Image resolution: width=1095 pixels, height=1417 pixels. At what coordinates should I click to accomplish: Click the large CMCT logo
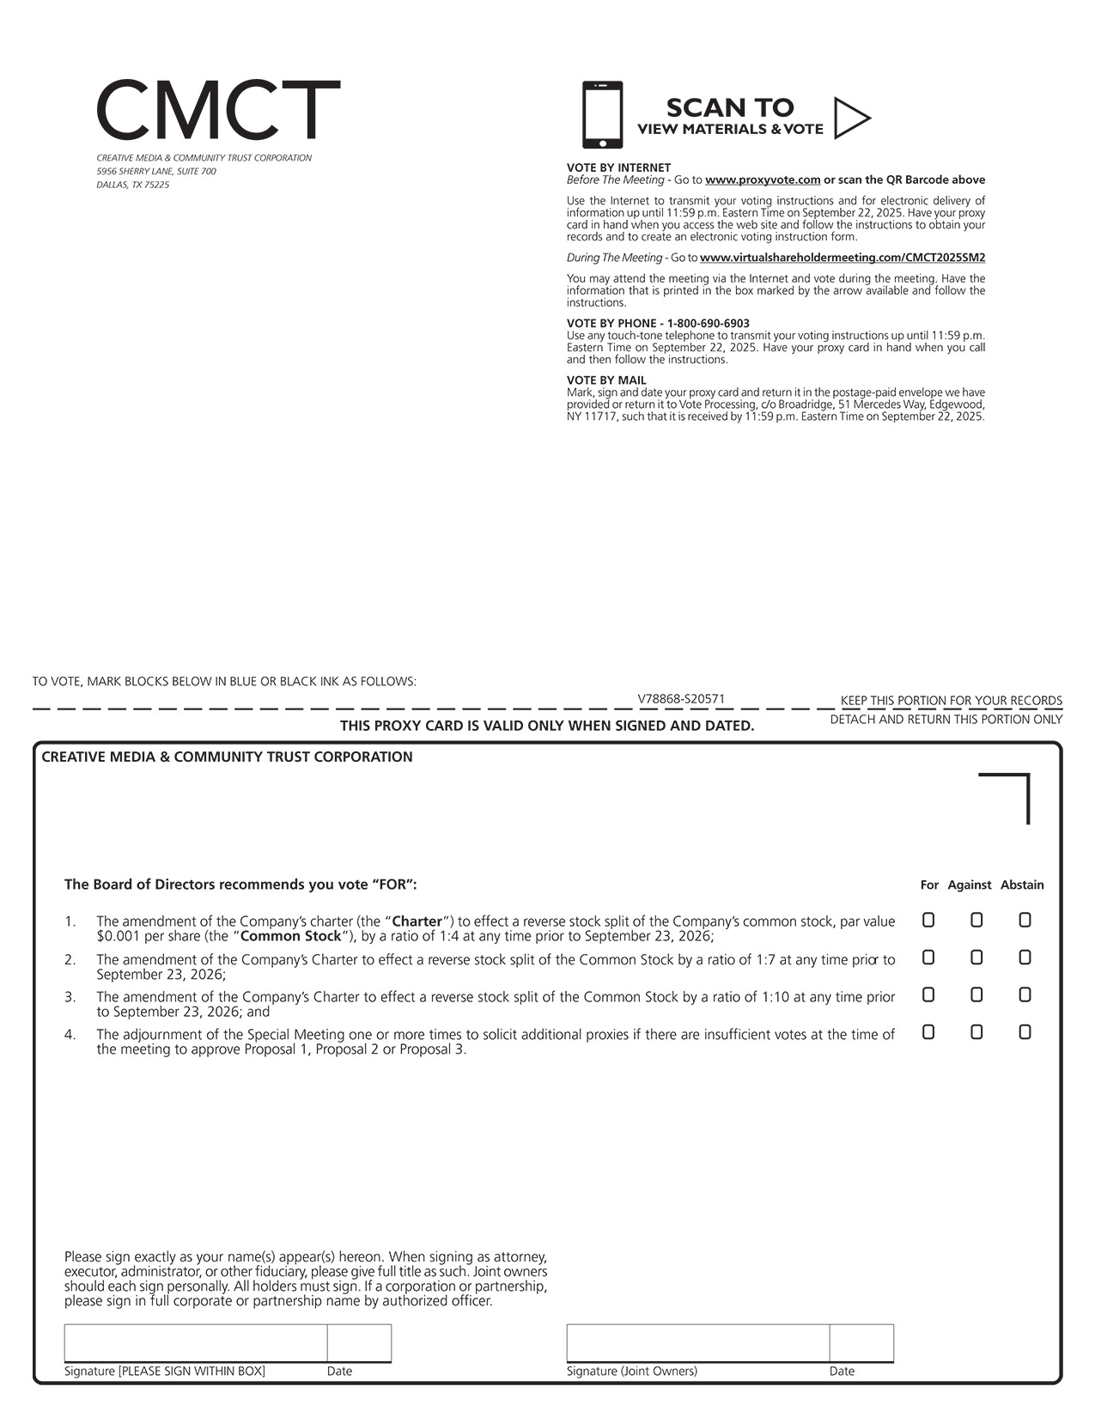coord(218,110)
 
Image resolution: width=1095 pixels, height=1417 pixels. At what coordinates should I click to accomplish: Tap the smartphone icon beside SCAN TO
coord(602,115)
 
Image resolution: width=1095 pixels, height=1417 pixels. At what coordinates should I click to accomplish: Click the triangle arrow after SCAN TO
coord(851,118)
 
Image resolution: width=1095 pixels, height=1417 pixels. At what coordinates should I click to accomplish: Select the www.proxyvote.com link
coord(763,180)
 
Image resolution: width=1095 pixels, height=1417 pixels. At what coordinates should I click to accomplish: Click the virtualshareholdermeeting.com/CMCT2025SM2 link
coord(842,258)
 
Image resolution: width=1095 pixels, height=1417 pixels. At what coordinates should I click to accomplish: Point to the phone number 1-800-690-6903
coord(709,324)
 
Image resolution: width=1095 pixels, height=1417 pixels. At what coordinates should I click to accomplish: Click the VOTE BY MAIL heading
coord(606,380)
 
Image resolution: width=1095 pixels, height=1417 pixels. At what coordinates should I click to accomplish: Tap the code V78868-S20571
coord(681,699)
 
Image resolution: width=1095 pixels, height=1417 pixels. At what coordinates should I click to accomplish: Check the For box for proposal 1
coord(928,920)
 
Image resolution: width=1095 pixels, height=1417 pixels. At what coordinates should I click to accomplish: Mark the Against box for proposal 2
coord(976,958)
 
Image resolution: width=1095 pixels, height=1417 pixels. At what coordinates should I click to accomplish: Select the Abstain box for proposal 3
coord(1025,994)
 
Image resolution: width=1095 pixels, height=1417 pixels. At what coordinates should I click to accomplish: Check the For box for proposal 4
coord(928,1032)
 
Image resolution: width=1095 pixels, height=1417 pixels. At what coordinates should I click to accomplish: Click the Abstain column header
coord(1022,885)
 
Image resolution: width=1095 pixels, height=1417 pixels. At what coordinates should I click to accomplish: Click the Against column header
coord(969,885)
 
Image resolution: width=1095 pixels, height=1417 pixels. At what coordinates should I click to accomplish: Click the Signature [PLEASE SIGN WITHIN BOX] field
coord(195,1343)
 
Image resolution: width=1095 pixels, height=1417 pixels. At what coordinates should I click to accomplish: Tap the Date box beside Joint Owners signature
coord(861,1343)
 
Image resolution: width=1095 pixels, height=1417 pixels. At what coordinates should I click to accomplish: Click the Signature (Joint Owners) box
coord(697,1343)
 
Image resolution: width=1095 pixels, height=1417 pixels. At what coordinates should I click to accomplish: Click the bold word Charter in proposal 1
coord(417,921)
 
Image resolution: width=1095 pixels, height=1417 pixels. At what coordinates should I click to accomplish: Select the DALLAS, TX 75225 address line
coord(133,185)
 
